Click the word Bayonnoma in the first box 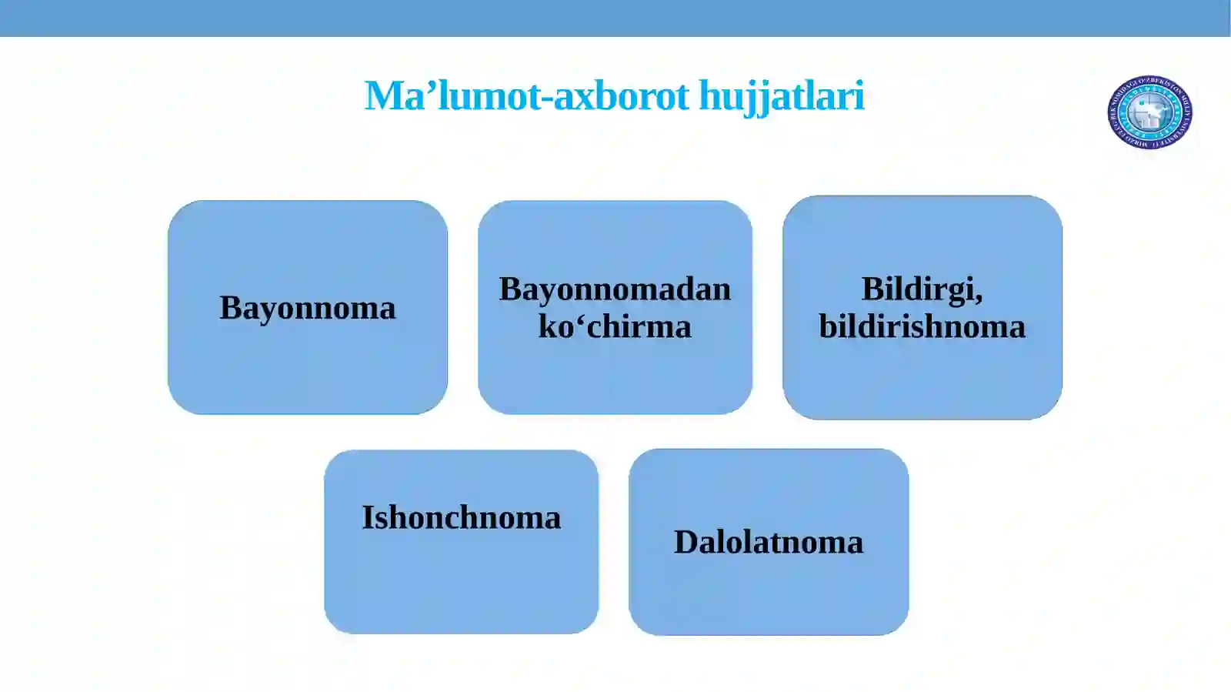tap(307, 308)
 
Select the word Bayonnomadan tap(615, 289)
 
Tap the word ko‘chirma tap(615, 326)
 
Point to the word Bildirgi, tap(922, 289)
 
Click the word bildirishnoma tap(922, 326)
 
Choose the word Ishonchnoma tap(461, 517)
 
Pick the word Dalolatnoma tap(768, 542)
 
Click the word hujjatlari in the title tap(781, 96)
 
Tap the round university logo tap(1149, 112)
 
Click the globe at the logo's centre tap(1149, 113)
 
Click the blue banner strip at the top tap(615, 18)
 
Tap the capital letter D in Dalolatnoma tap(686, 542)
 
